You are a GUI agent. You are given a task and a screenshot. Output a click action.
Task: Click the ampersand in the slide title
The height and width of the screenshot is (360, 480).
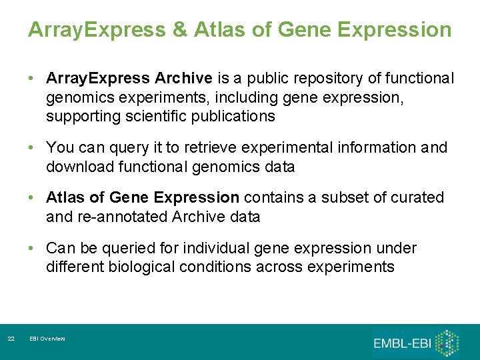179,30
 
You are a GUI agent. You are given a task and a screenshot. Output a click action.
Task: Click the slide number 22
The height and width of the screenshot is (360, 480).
11,339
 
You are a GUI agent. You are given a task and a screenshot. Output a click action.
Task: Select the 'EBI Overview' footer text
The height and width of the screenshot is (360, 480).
47,339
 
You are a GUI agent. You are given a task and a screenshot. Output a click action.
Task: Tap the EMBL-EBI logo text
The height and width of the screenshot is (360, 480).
402,343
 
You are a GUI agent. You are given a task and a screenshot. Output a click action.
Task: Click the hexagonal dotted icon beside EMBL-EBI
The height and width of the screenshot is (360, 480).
448,341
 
